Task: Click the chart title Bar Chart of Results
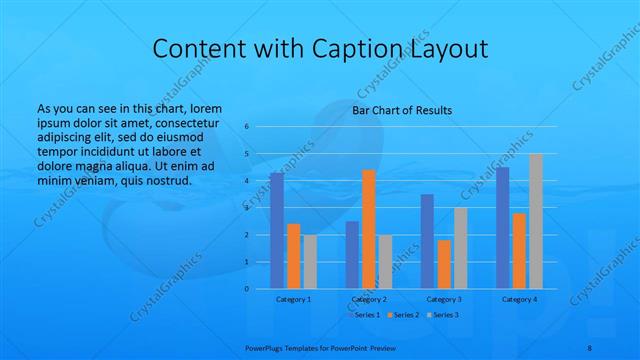402,110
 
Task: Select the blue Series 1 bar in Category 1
276,230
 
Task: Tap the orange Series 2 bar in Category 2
368,229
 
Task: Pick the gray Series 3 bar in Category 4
536,221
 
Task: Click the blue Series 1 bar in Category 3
427,241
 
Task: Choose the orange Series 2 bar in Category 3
444,264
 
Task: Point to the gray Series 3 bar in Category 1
310,261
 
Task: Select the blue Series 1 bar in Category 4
502,227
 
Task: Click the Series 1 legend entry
363,315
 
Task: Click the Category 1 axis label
293,299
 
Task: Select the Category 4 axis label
519,299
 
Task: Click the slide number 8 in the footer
589,344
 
